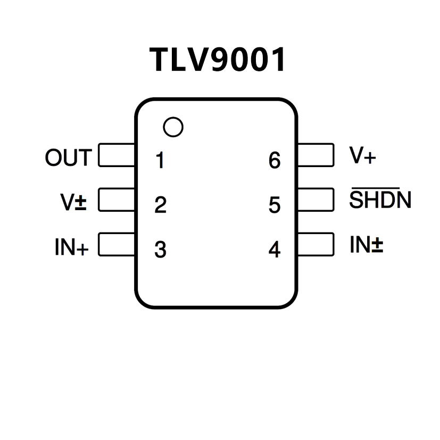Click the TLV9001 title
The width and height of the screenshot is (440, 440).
(218, 60)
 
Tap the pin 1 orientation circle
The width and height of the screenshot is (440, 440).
(173, 127)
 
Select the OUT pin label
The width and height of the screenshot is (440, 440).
(69, 158)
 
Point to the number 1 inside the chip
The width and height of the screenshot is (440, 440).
(160, 160)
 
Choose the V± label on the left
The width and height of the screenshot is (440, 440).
(73, 202)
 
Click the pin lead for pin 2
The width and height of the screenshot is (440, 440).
(117, 200)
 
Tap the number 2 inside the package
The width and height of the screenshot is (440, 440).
(160, 205)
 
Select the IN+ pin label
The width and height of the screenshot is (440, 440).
(71, 247)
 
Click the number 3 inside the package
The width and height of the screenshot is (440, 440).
(160, 250)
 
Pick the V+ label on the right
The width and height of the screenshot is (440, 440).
(362, 155)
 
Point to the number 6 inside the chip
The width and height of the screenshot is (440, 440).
(275, 160)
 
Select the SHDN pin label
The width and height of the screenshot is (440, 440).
(380, 200)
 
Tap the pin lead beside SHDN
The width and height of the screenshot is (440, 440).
(316, 200)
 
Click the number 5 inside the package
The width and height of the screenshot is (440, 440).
(275, 205)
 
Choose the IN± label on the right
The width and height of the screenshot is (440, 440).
(367, 245)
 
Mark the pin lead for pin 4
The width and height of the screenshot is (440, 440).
(316, 245)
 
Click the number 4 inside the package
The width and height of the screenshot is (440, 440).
(275, 250)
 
